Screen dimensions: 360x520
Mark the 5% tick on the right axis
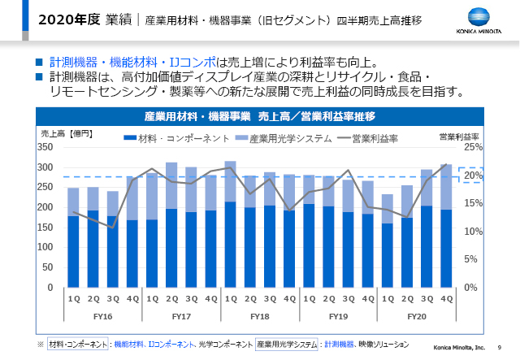pyautogui.click(x=471, y=260)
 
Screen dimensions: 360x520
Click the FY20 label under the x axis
pyautogui.click(x=416, y=314)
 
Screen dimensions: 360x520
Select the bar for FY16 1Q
pyautogui.click(x=73, y=244)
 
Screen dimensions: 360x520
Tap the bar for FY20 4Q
pyautogui.click(x=445, y=236)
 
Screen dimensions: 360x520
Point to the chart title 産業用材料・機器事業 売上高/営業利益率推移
pyautogui.click(x=260, y=116)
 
